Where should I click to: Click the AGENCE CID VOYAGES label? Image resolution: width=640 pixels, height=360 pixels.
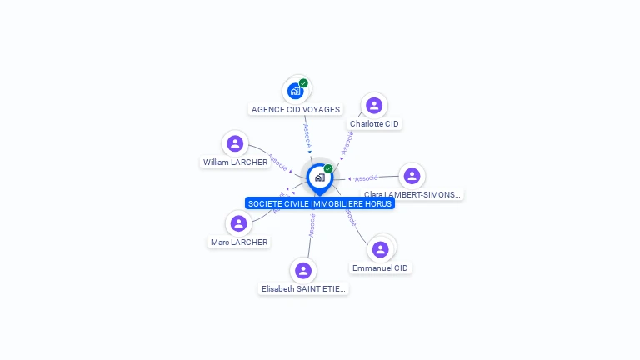point(296,109)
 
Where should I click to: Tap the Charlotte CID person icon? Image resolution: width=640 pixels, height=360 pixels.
point(374,105)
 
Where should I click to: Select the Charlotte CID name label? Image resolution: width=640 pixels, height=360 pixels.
point(374,124)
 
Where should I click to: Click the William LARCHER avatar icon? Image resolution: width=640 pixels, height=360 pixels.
point(235,143)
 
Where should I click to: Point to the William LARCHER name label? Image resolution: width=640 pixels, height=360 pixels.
point(235,162)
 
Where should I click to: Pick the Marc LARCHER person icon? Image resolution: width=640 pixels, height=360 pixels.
point(239,223)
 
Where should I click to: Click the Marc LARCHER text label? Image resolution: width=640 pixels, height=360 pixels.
point(239,242)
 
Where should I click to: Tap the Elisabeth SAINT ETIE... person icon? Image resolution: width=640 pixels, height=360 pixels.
point(303,270)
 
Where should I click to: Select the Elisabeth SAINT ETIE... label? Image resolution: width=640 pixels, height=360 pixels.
point(303,289)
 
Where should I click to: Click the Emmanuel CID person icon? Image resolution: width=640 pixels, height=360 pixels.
point(381,249)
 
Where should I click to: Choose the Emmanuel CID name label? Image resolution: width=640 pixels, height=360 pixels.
point(381,268)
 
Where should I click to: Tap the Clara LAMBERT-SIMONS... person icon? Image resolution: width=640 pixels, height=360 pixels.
point(412,176)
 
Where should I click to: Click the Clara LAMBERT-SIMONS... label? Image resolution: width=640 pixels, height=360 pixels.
point(412,194)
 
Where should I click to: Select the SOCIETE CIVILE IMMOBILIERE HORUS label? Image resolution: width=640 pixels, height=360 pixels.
point(320,203)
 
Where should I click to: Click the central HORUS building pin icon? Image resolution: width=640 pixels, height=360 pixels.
point(319,177)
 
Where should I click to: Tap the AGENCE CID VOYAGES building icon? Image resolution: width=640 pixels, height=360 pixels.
point(295,90)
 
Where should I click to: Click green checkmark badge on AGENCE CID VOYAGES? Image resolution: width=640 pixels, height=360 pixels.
point(303,83)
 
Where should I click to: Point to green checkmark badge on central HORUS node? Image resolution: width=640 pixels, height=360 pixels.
point(328,168)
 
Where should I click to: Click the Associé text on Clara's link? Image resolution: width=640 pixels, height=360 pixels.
point(366,177)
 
